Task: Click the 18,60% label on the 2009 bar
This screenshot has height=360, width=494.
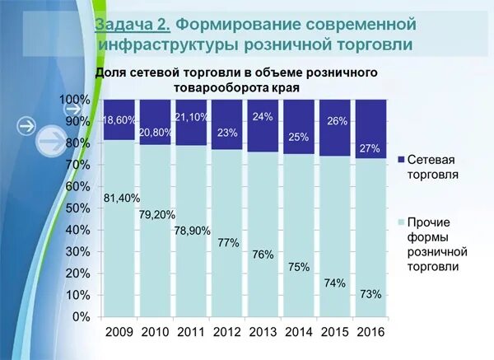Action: [120, 120]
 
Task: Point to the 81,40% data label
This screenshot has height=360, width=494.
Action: [120, 198]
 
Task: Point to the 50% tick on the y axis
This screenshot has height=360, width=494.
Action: [79, 208]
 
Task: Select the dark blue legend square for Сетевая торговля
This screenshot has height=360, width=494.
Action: [401, 160]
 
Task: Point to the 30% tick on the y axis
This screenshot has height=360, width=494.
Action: [79, 252]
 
